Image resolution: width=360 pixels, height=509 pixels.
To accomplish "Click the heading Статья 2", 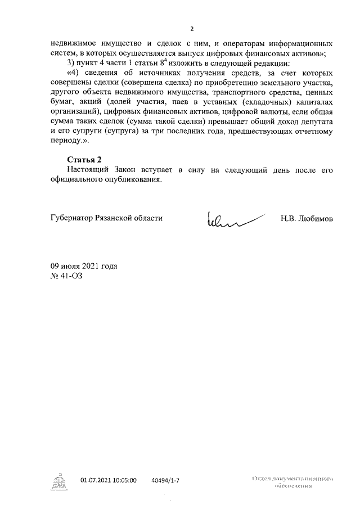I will pyautogui.click(x=83, y=160).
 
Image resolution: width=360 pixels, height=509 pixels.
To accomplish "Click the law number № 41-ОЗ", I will pyautogui.click(x=66, y=276).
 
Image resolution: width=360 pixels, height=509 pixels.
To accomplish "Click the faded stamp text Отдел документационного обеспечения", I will pyautogui.click(x=293, y=482).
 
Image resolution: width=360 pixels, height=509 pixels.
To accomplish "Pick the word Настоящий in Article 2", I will pyautogui.click(x=88, y=170).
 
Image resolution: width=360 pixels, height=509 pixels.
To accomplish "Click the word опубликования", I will pyautogui.click(x=133, y=180).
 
